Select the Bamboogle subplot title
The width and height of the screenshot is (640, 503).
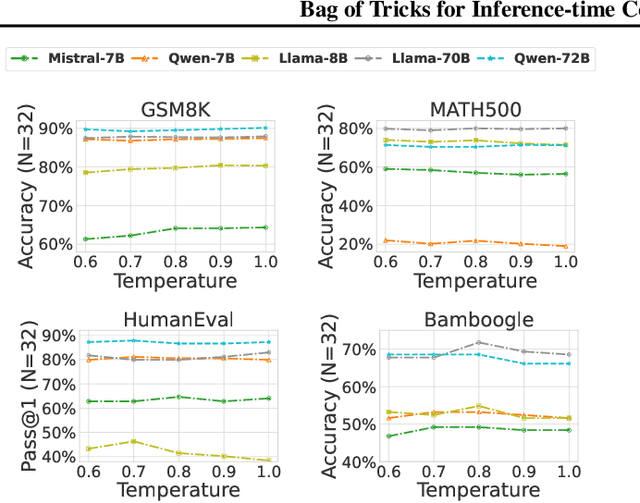(x=465, y=320)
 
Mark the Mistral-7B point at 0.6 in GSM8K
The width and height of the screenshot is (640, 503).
(x=88, y=239)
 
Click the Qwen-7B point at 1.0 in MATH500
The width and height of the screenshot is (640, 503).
(x=565, y=246)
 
